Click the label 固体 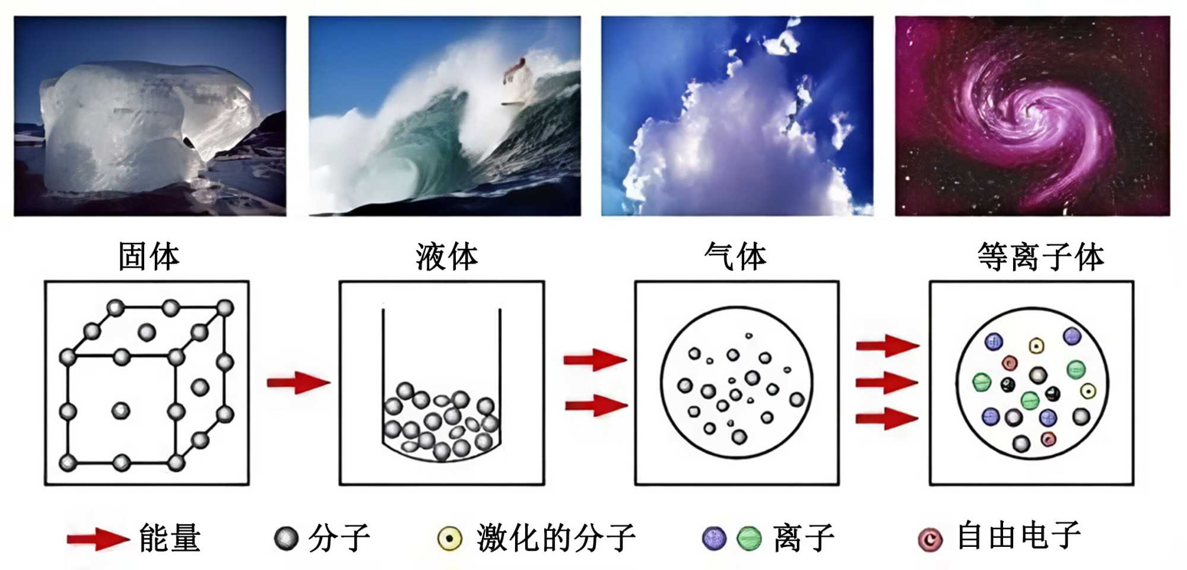coord(148,256)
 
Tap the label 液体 coord(446,256)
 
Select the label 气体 coord(735,256)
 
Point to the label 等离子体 coord(1040,256)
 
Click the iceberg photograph coord(150,116)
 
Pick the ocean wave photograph coord(445,116)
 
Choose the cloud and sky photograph coord(737,116)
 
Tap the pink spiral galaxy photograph coord(1032,116)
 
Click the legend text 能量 coord(170,538)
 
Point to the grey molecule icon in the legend coord(286,539)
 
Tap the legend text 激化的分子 coord(556,538)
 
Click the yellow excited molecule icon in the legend coord(449,539)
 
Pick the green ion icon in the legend coord(749,539)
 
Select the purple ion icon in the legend coord(714,539)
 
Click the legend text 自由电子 coord(1018,536)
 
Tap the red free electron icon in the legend coord(930,539)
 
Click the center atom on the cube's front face coord(121,410)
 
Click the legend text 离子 coord(804,538)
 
